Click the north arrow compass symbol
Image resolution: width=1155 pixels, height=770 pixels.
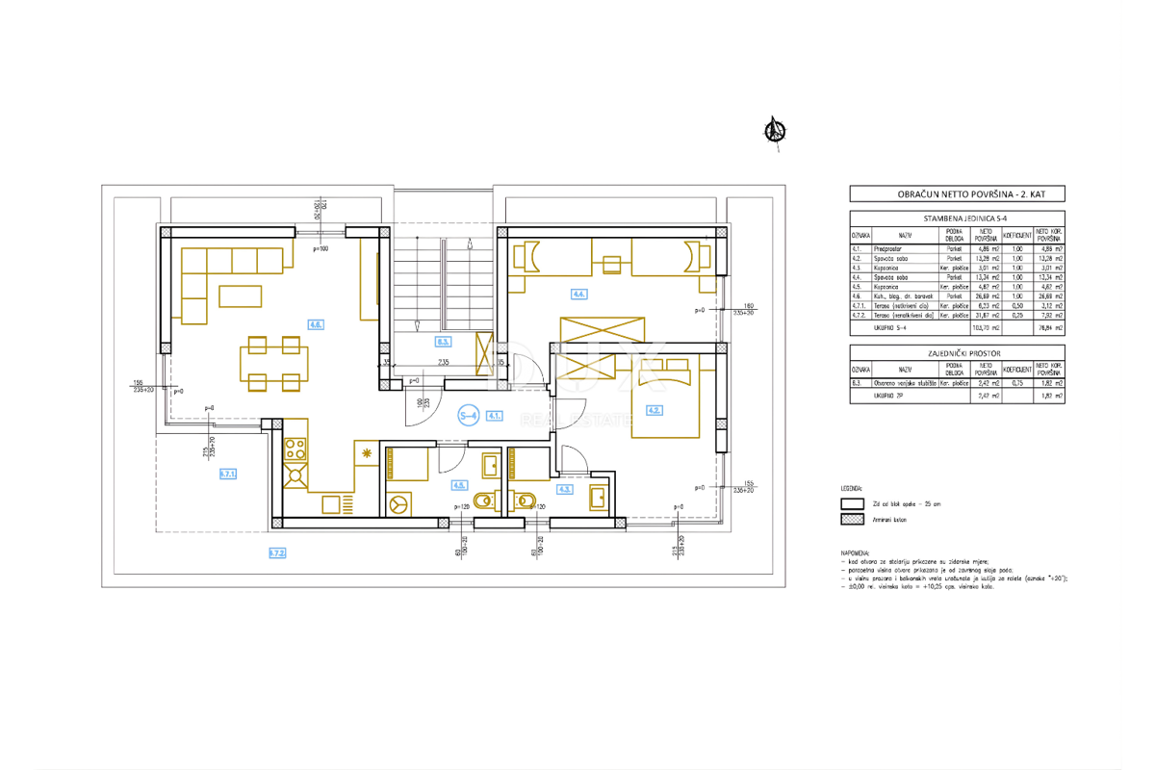(774, 132)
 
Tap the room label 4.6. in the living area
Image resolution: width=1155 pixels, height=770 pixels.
(316, 324)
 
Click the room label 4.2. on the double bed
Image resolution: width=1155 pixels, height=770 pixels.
(655, 410)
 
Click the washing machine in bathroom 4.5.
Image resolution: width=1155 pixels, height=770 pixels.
(397, 501)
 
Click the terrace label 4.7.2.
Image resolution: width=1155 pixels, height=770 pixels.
(276, 553)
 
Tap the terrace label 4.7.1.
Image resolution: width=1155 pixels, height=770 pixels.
(228, 474)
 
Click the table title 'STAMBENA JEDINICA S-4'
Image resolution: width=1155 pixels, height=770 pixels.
(957, 218)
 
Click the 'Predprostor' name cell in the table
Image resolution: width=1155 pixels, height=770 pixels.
(905, 249)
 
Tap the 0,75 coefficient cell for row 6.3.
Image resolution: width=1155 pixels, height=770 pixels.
(1018, 383)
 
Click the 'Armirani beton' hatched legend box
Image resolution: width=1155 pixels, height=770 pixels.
(852, 520)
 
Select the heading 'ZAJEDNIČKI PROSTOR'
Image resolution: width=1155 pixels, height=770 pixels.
(957, 352)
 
